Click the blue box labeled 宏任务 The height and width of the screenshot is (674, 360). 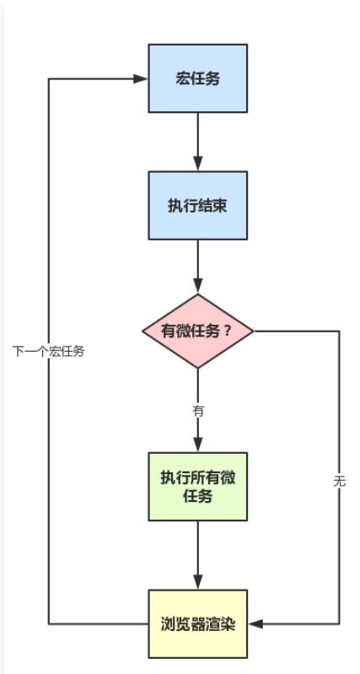tap(198, 78)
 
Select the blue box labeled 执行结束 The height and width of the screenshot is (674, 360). tap(198, 206)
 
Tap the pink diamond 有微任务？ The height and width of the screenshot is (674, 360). tap(198, 331)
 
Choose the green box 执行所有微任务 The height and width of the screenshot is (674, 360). tap(198, 487)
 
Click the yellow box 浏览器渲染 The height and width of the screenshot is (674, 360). tap(198, 624)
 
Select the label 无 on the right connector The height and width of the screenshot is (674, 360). tap(339, 481)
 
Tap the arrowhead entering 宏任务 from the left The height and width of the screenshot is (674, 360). tap(142, 78)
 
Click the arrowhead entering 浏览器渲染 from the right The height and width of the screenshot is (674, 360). tap(255, 624)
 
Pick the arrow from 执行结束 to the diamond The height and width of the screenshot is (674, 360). tap(198, 266)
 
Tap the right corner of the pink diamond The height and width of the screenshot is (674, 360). tap(255, 331)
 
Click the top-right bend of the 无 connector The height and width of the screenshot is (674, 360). tap(339, 331)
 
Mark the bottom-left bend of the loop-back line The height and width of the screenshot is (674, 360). tap(48, 624)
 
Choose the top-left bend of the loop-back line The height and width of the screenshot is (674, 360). tap(48, 78)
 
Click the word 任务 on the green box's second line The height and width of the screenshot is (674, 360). tap(198, 496)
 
